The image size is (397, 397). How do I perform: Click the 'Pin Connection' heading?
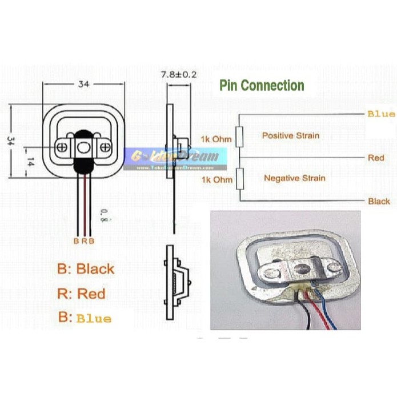(x=262, y=86)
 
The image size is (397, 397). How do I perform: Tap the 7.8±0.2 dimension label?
(x=179, y=75)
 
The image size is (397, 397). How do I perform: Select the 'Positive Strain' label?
(x=290, y=136)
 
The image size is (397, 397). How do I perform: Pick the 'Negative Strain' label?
(x=294, y=178)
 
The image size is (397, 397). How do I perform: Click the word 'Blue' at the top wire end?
(x=380, y=114)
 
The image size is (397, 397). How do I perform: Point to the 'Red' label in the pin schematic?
(x=376, y=157)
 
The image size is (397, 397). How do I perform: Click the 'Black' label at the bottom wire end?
(x=379, y=201)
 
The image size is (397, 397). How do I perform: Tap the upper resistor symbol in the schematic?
(x=240, y=137)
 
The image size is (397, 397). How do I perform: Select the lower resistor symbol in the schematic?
(x=240, y=178)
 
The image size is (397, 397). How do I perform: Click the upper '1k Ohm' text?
(x=216, y=139)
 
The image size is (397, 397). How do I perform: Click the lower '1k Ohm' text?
(x=216, y=180)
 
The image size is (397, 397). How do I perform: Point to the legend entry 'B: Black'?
(x=86, y=268)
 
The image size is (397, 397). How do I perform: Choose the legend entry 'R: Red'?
(x=81, y=294)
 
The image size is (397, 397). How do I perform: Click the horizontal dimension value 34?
(x=83, y=84)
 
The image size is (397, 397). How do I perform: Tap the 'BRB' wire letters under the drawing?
(x=84, y=240)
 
